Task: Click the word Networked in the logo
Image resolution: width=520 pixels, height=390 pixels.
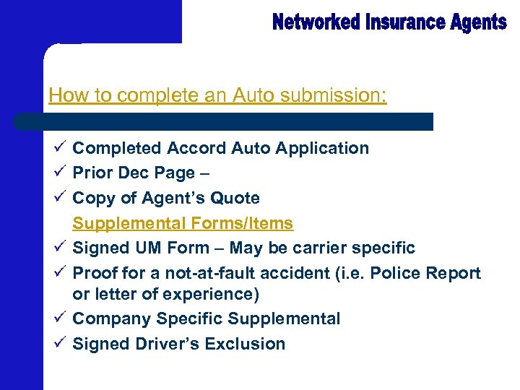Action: coord(316,22)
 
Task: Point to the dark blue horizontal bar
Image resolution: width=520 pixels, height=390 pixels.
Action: coord(224,121)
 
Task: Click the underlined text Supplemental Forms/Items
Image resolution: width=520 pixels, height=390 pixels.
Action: coord(183,223)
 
